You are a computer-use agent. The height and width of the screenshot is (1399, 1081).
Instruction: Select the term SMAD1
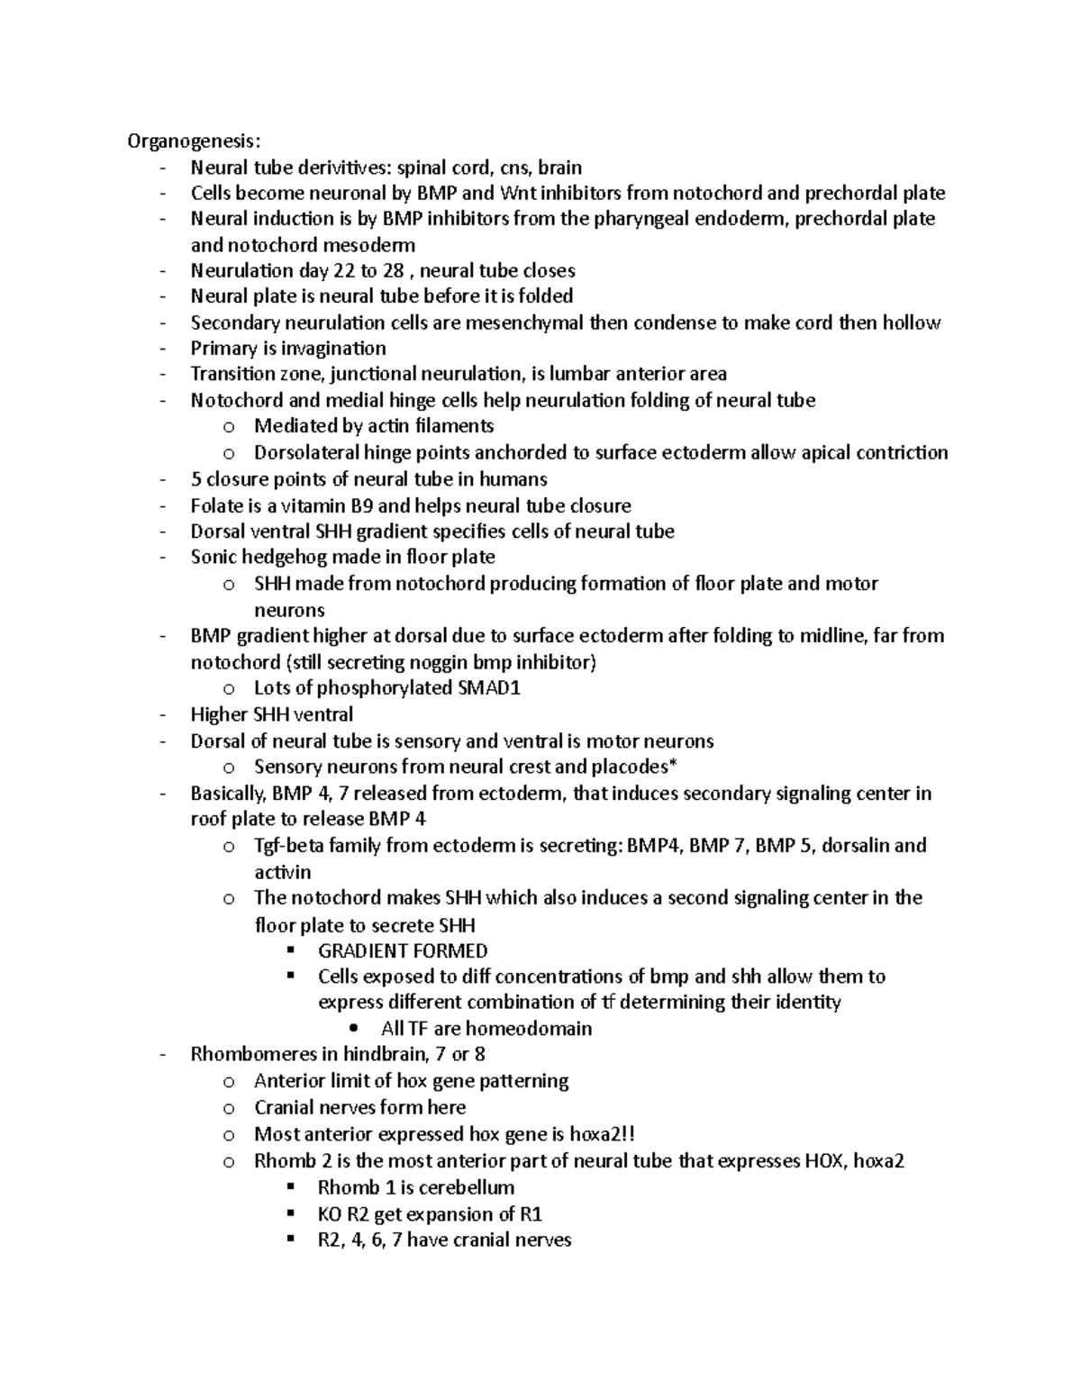(x=490, y=688)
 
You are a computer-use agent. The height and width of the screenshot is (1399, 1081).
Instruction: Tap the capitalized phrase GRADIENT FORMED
(x=403, y=951)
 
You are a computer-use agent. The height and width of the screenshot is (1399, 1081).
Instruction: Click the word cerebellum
(x=467, y=1187)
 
